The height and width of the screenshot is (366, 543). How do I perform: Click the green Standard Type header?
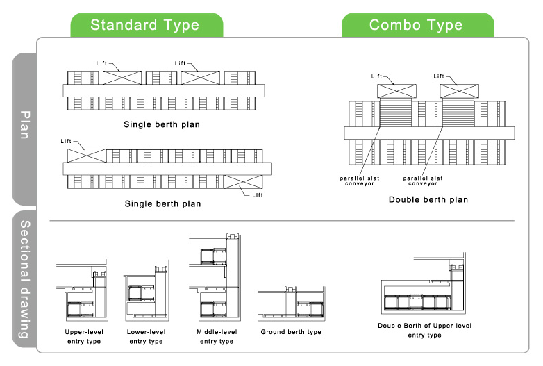(145, 26)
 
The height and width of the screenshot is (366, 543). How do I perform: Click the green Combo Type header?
(417, 26)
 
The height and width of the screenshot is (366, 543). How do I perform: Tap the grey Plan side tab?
(25, 125)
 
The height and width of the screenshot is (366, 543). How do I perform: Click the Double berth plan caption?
(428, 200)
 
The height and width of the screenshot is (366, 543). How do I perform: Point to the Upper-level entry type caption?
(84, 337)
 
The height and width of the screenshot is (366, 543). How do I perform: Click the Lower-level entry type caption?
(146, 337)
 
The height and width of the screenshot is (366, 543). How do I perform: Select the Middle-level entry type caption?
(217, 337)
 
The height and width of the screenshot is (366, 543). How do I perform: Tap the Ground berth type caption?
(291, 333)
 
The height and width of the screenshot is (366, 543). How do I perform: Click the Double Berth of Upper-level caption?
(425, 330)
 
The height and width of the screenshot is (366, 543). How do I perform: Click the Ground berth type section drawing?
(291, 304)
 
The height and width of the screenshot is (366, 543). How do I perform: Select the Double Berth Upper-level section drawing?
(424, 292)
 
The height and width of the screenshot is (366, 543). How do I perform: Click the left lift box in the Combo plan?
(395, 90)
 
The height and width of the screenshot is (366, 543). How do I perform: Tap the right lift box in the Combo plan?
(458, 90)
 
